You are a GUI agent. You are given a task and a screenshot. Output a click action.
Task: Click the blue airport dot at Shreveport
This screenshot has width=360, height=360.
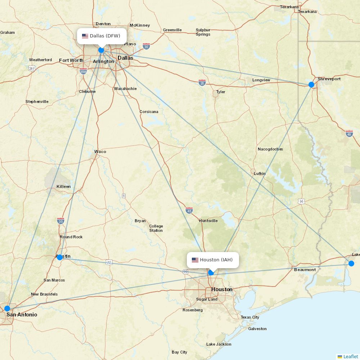point(311,85)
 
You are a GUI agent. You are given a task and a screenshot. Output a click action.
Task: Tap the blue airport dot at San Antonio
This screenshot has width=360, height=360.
point(7,308)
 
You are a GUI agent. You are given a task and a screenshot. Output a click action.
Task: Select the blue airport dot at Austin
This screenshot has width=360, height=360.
point(60,257)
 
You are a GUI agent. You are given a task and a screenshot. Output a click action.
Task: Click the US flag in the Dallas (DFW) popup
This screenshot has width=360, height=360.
point(85,36)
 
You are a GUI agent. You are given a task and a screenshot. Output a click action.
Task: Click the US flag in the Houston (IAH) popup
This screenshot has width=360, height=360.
point(195,260)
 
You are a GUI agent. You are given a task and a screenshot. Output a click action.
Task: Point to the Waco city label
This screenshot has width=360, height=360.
point(100,152)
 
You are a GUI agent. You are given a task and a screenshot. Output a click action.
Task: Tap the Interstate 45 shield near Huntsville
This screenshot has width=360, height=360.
point(189,210)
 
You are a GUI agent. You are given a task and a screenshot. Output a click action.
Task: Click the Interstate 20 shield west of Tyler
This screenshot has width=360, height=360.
point(202,82)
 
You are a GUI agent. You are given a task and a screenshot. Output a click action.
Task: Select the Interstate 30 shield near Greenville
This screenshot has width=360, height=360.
point(146,46)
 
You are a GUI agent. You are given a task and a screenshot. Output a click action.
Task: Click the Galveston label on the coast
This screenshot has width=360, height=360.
point(257,329)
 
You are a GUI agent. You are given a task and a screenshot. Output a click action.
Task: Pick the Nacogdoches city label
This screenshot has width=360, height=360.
point(270,149)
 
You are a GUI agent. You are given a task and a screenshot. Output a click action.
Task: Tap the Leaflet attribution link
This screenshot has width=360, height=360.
point(350,356)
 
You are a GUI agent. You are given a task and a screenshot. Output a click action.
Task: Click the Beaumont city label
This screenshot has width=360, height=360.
point(305,270)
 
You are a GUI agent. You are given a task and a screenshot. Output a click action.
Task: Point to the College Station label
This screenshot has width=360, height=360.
point(156,228)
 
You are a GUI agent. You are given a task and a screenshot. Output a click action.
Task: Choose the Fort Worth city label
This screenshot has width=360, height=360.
point(71,60)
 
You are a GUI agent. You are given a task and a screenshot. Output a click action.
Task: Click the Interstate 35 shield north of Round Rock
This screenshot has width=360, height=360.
point(60,220)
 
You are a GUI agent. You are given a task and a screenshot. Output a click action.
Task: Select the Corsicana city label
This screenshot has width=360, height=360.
point(149,112)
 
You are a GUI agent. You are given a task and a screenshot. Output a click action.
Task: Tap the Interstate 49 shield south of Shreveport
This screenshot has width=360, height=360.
point(349,134)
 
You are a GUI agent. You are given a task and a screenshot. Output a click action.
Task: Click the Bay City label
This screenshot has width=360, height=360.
point(179,352)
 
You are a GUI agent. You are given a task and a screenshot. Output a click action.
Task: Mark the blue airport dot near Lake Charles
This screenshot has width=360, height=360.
point(351,264)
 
